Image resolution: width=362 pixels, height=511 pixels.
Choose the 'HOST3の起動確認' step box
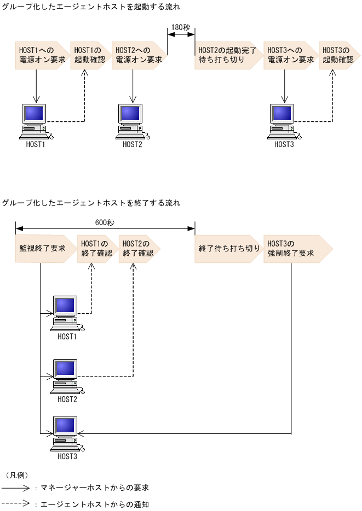point(338,55)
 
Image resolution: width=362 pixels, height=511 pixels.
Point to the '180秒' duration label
point(181,27)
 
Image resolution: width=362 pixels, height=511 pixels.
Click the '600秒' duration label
point(105,222)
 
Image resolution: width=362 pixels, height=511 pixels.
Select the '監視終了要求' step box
point(43,249)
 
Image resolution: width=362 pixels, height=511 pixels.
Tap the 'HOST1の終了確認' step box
point(96,249)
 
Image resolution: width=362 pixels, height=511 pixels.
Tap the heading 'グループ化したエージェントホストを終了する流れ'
point(91,203)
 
